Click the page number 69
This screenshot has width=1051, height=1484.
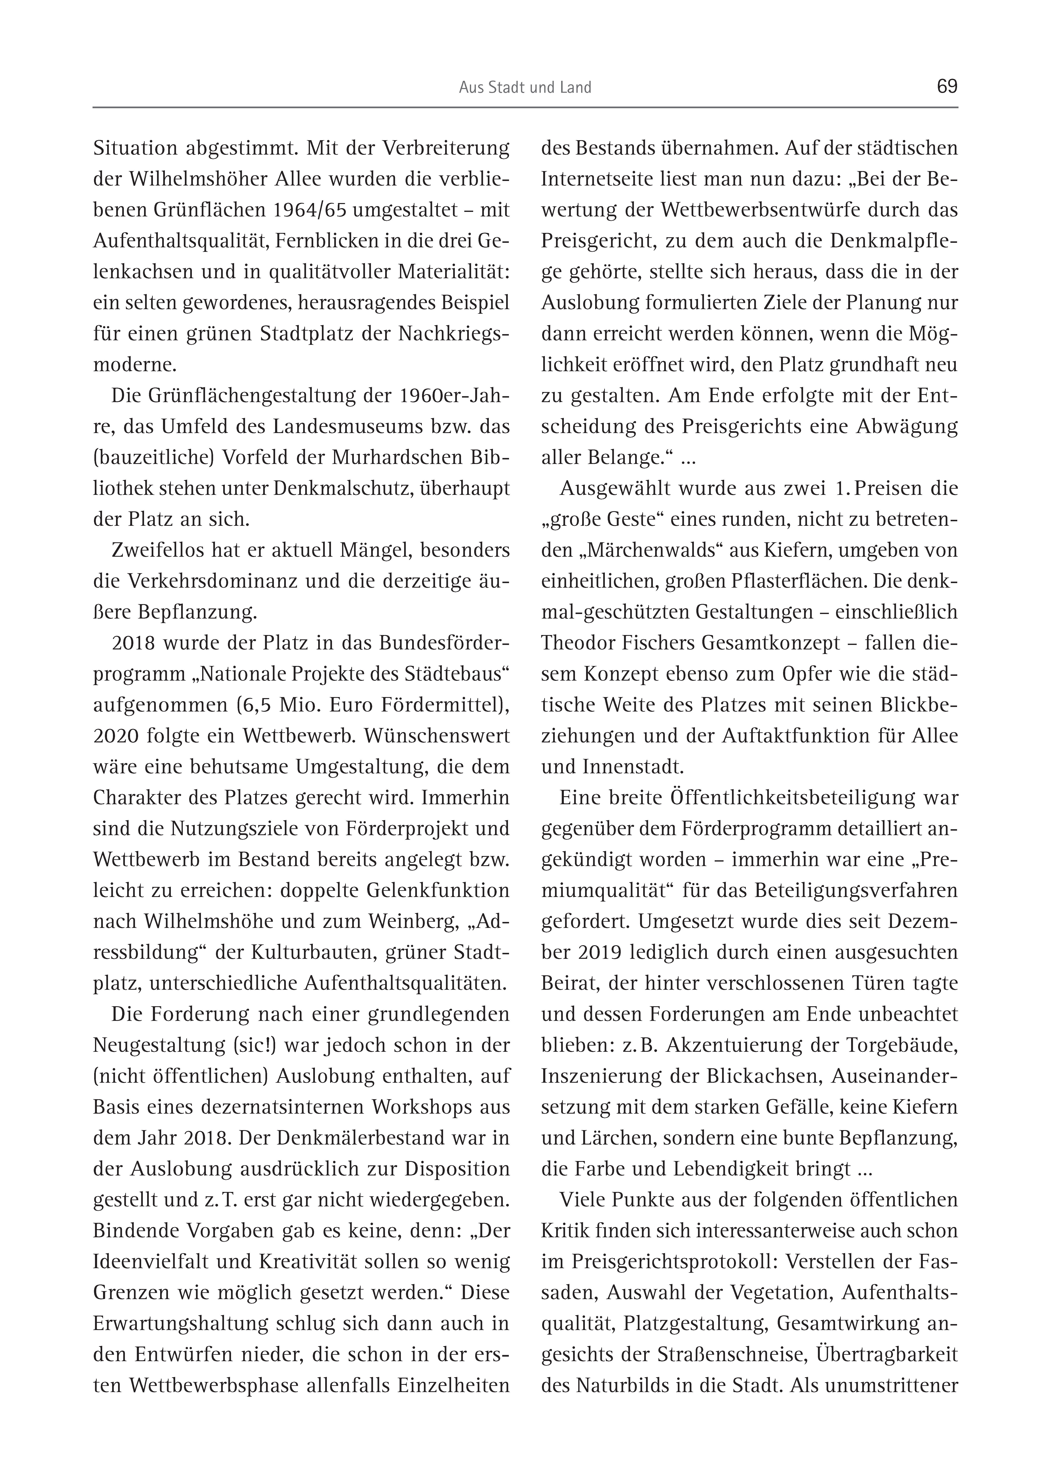click(x=947, y=87)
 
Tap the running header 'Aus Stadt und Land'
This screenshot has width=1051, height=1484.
click(x=525, y=88)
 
